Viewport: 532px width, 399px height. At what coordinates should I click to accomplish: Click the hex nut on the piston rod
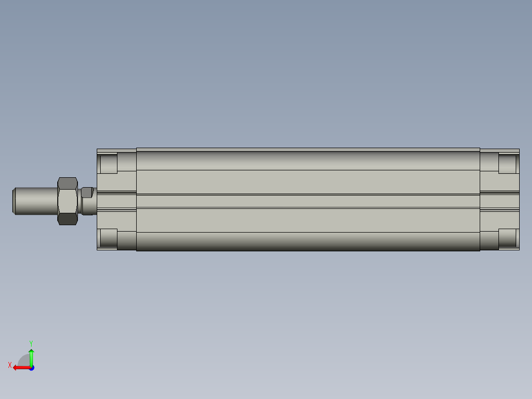[68, 201]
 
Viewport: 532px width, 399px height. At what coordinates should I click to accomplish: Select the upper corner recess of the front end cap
[109, 163]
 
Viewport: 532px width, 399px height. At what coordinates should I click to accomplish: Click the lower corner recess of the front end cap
[109, 239]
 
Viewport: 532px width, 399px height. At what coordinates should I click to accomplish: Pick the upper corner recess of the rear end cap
[508, 163]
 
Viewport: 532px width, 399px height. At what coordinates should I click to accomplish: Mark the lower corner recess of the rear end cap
[508, 238]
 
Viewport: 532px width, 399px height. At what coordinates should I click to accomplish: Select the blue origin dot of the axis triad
[31, 368]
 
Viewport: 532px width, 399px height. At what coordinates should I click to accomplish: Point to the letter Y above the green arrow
[31, 343]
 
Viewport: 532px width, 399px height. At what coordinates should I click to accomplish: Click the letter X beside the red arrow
[9, 365]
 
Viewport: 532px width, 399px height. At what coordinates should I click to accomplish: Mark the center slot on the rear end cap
[499, 201]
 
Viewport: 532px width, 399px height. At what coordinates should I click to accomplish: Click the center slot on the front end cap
[116, 201]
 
